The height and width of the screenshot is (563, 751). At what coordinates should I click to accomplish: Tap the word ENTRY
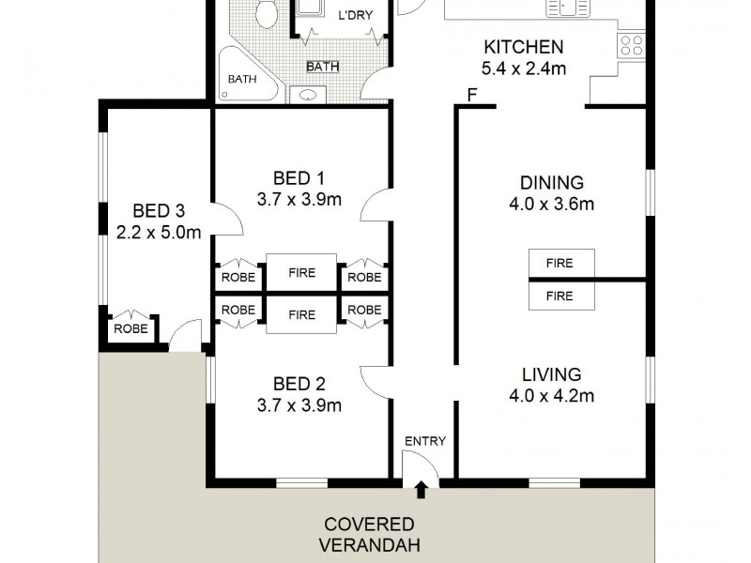pos(424,441)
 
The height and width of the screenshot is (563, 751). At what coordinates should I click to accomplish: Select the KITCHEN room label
pos(523,47)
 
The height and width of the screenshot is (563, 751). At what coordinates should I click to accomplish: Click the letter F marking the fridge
pos(471,94)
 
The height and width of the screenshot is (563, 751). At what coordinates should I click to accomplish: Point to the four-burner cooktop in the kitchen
pos(630,45)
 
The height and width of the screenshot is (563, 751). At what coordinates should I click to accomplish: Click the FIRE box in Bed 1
pos(301,274)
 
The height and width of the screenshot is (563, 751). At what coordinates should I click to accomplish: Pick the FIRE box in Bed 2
pos(301,315)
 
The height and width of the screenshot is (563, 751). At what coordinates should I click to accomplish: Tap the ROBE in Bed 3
pos(130,329)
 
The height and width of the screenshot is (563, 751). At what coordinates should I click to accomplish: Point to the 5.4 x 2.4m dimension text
pos(523,68)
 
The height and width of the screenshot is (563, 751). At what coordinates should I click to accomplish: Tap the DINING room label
pos(551,182)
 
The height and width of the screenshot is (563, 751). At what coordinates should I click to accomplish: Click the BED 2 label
pos(299,384)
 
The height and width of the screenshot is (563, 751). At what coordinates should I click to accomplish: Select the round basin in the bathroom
pos(308,93)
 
